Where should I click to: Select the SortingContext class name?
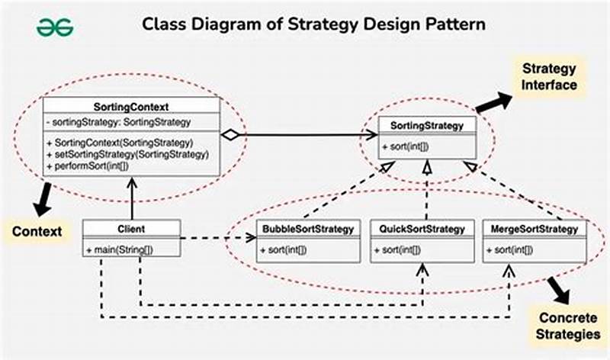(131, 106)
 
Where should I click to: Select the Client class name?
(132, 228)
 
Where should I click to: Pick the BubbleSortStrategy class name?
(308, 228)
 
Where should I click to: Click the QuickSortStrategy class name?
(422, 228)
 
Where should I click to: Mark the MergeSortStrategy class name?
(535, 228)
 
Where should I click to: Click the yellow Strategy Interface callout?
(549, 76)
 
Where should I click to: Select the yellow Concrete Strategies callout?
(568, 325)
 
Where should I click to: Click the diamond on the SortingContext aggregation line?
(230, 136)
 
